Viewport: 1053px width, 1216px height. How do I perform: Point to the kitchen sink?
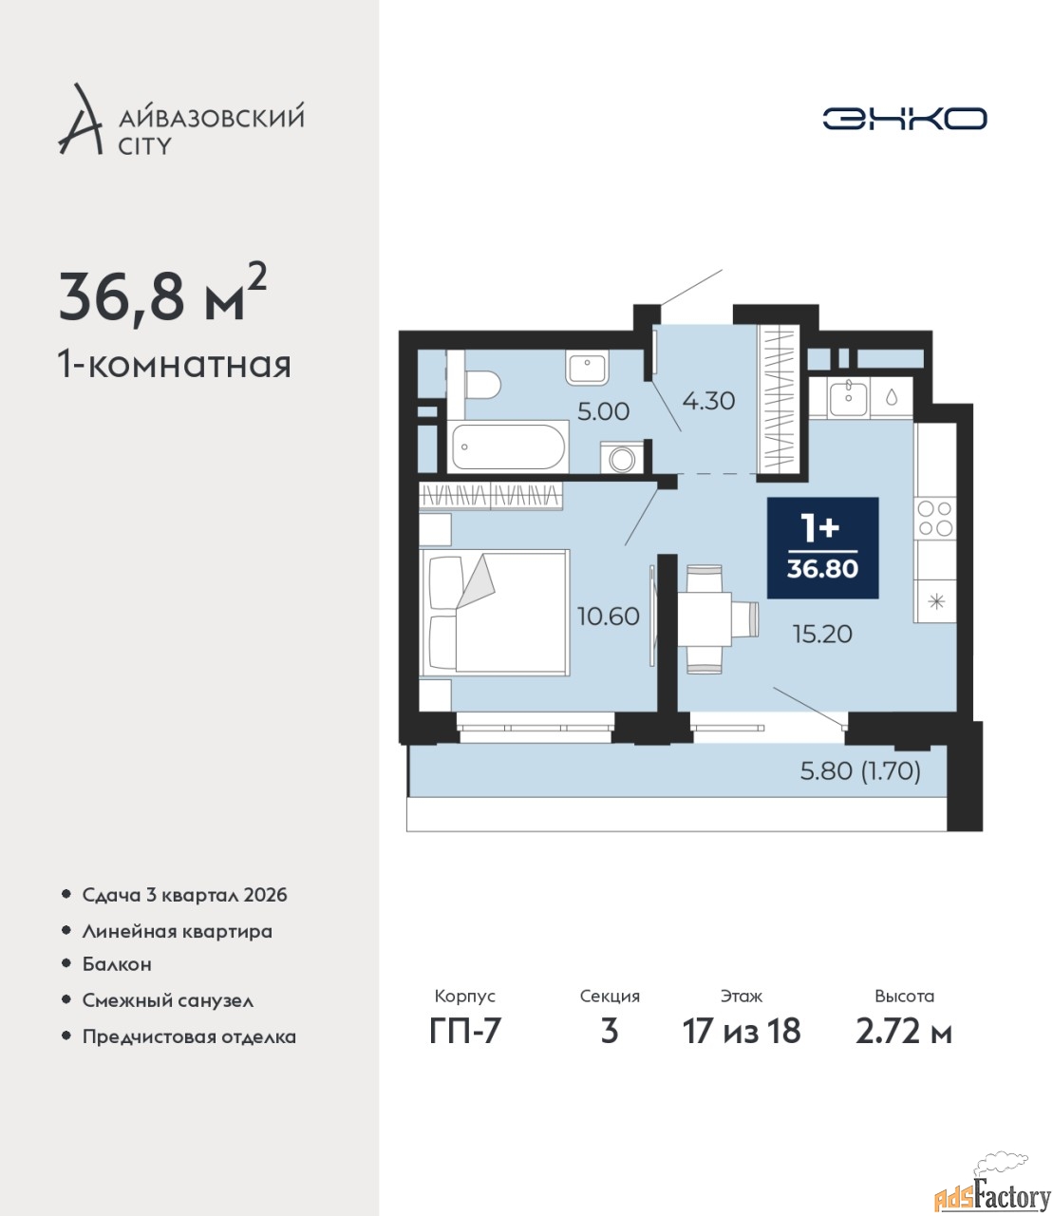pyautogui.click(x=849, y=398)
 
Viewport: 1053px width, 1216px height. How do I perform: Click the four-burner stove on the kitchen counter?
pyautogui.click(x=935, y=519)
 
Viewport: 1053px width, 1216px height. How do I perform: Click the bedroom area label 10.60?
pyautogui.click(x=609, y=617)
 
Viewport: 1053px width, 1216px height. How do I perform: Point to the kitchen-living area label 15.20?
pyautogui.click(x=822, y=635)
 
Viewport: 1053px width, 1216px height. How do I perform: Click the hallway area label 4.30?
pyautogui.click(x=708, y=401)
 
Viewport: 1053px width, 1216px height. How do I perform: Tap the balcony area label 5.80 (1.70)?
pyautogui.click(x=860, y=770)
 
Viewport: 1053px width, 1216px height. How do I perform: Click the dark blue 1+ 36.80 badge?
pyautogui.click(x=822, y=548)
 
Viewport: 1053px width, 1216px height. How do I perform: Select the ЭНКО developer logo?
pyautogui.click(x=904, y=118)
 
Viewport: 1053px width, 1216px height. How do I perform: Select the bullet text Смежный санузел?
pyautogui.click(x=167, y=1000)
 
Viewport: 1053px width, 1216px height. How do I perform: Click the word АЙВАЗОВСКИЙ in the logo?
pyautogui.click(x=213, y=116)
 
